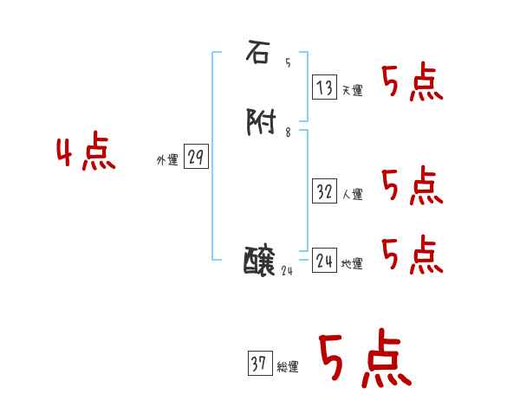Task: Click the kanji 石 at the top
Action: [257, 53]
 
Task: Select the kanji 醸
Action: [261, 260]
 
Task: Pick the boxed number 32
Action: [324, 191]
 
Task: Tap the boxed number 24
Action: [324, 260]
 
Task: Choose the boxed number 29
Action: [196, 157]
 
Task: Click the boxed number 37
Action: [258, 364]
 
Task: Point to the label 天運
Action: [352, 90]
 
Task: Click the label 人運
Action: [352, 195]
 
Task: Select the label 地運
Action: [352, 264]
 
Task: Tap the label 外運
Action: [167, 160]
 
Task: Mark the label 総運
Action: [287, 367]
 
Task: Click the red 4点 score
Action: [86, 154]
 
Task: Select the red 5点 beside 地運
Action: [413, 254]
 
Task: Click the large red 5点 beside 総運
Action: [365, 359]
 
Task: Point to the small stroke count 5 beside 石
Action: [288, 62]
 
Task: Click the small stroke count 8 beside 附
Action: [288, 132]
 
